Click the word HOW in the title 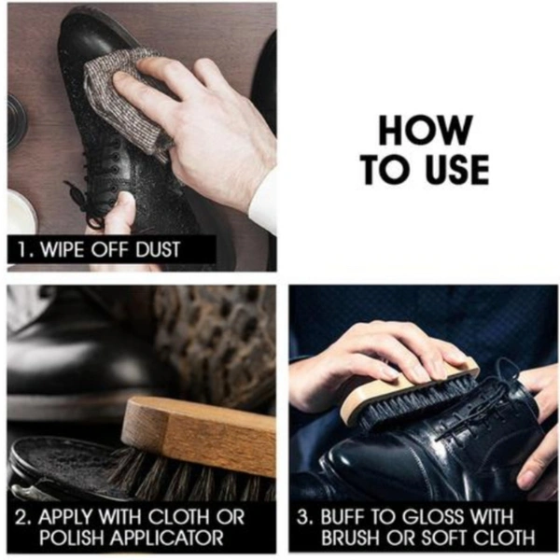(x=426, y=130)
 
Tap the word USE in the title (x=457, y=169)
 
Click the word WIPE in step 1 (x=63, y=249)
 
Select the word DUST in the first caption (x=158, y=249)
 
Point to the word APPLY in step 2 (x=65, y=516)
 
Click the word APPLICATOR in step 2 (x=162, y=538)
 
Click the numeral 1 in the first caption (x=22, y=249)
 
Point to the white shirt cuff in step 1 (x=263, y=200)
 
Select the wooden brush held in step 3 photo (x=411, y=393)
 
